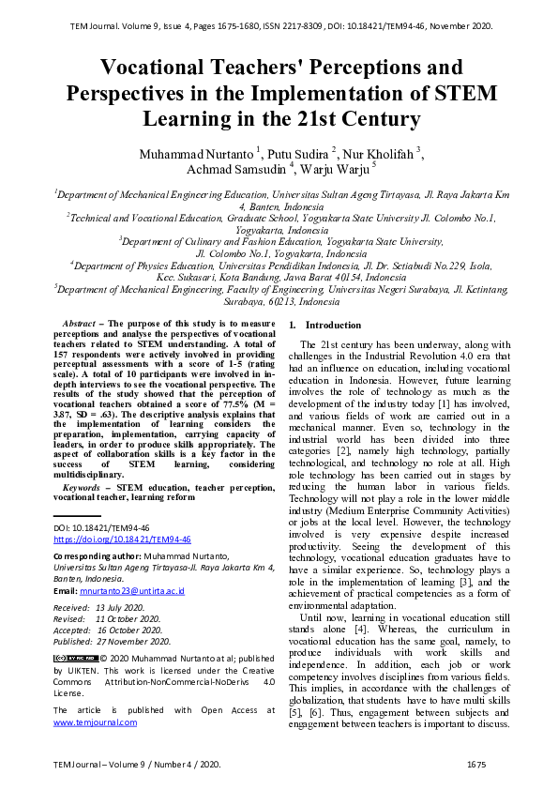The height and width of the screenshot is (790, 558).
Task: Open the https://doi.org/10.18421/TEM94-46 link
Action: point(122,539)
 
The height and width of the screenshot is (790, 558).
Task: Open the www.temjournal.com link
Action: point(95,722)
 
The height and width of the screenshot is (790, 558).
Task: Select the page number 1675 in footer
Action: point(475,766)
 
